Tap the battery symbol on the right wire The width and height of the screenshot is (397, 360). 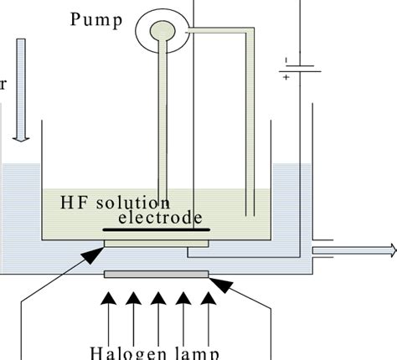point(300,67)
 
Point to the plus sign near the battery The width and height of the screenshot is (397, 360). point(286,76)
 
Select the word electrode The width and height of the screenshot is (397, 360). point(159,219)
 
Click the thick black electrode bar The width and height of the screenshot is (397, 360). point(156,230)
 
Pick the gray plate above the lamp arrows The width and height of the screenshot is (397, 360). point(156,274)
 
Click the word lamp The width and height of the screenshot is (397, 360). point(194,352)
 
